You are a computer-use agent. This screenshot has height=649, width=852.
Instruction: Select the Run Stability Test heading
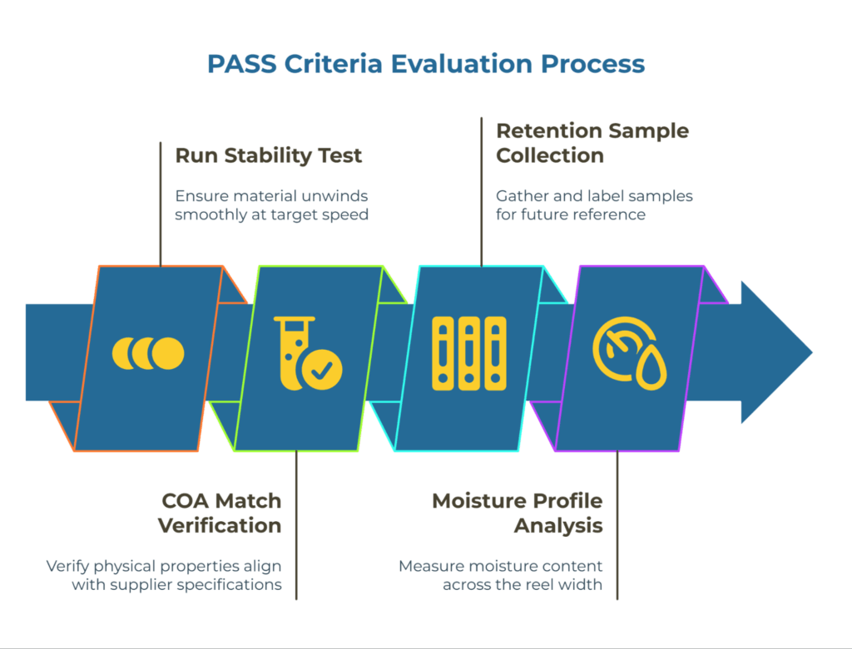tap(269, 155)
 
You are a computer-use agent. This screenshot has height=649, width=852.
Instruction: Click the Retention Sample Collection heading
tap(592, 143)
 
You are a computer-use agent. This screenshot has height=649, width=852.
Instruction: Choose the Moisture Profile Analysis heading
tap(517, 513)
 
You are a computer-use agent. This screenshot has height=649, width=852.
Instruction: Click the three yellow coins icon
tap(148, 353)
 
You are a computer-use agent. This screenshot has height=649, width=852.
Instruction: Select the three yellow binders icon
tap(469, 353)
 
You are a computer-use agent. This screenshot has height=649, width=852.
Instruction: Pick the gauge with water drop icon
tap(629, 353)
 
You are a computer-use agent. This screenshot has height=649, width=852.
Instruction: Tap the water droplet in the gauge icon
tap(649, 371)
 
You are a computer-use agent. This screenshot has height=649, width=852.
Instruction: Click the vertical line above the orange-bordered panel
tap(160, 203)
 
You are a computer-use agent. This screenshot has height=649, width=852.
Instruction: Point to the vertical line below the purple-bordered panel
tap(617, 524)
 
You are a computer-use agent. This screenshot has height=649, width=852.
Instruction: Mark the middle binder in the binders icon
tap(469, 353)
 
